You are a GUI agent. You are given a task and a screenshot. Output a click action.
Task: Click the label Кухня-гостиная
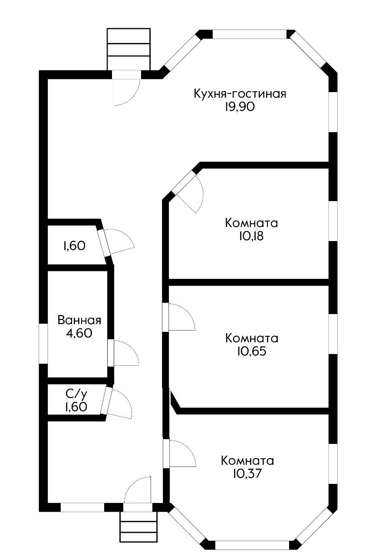(x=240, y=94)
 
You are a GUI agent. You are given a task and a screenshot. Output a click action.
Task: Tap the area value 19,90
(x=239, y=107)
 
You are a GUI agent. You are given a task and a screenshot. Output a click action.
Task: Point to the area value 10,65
(x=252, y=351)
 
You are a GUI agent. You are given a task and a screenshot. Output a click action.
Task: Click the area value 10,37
(x=247, y=473)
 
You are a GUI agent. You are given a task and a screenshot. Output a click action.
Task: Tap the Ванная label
(x=79, y=321)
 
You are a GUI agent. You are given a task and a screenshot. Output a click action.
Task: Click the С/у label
(x=76, y=394)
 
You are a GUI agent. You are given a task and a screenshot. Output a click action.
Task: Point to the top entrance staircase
(x=128, y=49)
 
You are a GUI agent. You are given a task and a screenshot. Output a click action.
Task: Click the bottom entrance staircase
(x=138, y=527)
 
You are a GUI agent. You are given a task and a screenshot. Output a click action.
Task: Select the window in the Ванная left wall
(x=43, y=343)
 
